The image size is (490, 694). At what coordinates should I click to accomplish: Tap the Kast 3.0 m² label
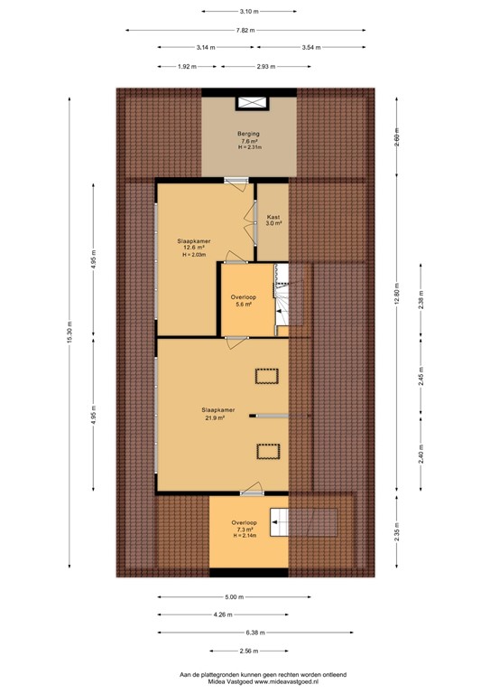pyautogui.click(x=273, y=220)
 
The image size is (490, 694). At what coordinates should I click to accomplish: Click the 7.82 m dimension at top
pyautogui.click(x=244, y=30)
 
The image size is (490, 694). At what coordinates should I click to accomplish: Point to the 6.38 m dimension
pyautogui.click(x=244, y=633)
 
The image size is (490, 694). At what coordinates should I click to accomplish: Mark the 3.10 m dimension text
pyautogui.click(x=249, y=12)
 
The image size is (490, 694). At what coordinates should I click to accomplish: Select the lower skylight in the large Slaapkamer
pyautogui.click(x=268, y=451)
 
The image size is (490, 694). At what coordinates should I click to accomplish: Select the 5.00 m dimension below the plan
pyautogui.click(x=233, y=597)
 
